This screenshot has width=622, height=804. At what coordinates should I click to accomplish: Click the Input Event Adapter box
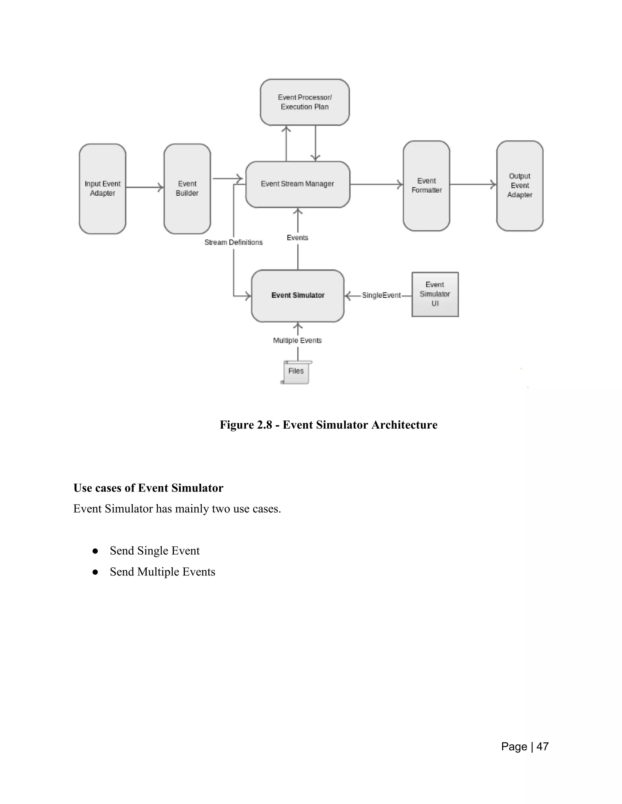[x=102, y=188]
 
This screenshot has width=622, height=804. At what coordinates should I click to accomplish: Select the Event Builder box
[x=187, y=188]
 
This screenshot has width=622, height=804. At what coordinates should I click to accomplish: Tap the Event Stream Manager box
[x=298, y=184]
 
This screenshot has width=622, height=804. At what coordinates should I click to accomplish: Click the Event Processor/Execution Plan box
[x=305, y=102]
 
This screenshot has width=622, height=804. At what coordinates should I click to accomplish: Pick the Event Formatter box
[x=426, y=186]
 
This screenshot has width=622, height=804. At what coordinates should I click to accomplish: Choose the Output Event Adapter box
[x=520, y=186]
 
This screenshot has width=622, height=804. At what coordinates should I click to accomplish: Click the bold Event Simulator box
[x=298, y=296]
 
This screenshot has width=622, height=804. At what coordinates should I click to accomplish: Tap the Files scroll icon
[x=296, y=372]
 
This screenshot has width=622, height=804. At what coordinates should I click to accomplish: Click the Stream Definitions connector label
[x=234, y=242]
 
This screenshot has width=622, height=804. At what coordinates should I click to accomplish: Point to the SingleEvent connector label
[x=381, y=295]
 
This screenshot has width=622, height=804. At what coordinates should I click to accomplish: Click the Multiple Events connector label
[x=297, y=340]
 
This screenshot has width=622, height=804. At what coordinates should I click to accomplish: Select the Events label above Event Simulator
[x=297, y=238]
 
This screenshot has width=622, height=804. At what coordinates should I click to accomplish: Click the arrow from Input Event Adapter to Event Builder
[x=145, y=187]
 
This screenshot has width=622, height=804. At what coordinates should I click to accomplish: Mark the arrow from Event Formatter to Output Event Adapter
[x=473, y=184]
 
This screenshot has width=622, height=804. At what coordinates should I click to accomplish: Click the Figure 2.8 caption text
[x=328, y=425]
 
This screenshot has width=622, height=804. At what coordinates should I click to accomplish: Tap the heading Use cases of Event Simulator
[x=148, y=488]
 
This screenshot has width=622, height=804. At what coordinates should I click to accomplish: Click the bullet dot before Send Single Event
[x=95, y=551]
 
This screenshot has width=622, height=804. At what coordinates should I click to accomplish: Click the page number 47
[x=542, y=746]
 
